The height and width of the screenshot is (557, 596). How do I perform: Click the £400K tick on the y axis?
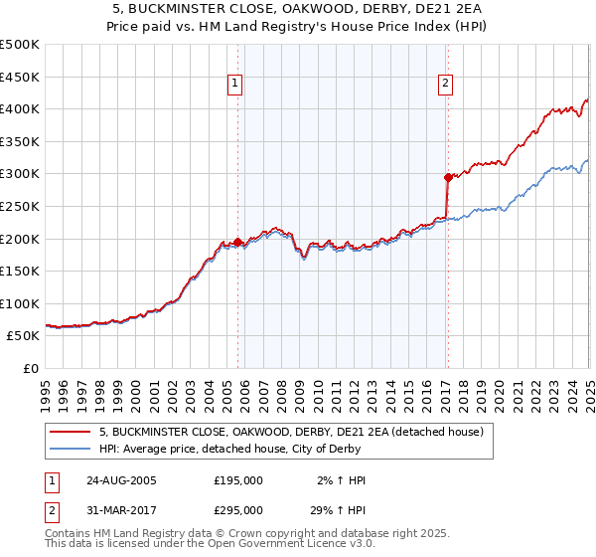(20, 108)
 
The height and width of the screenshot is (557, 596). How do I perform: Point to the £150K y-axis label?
(20, 271)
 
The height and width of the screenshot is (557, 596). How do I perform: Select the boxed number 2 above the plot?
(446, 84)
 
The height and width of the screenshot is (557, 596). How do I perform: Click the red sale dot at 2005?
(238, 242)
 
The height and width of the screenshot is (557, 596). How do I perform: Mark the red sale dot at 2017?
(448, 177)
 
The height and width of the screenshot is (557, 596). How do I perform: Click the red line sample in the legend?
(71, 432)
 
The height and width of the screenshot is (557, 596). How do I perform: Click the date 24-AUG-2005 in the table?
(121, 480)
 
